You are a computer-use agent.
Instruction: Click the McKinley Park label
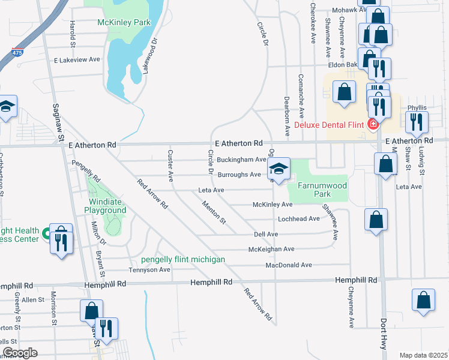click(124, 23)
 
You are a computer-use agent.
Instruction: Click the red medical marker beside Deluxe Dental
click(373, 124)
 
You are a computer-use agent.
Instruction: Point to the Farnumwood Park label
click(318, 190)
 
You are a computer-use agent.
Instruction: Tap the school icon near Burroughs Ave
click(279, 169)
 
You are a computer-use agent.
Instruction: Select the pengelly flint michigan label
click(183, 259)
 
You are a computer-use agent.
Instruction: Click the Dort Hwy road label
click(383, 334)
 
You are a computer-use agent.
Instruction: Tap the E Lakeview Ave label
click(77, 60)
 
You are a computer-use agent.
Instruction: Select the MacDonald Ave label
click(289, 265)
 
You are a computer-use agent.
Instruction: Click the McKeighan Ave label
click(272, 249)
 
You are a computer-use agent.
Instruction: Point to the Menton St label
click(214, 212)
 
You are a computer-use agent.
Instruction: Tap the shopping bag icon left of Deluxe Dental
click(344, 92)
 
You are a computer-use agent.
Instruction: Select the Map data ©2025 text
click(423, 355)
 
